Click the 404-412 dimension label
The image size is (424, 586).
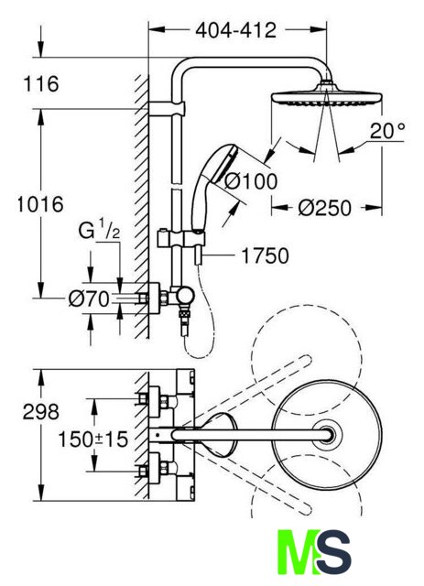point(236,30)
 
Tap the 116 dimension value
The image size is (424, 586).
point(41,83)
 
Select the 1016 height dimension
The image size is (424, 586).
point(40,204)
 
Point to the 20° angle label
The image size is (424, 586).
point(387,131)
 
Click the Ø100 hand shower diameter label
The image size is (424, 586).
point(251,181)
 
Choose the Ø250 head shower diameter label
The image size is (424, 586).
point(324,208)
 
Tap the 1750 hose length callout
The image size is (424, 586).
point(265,256)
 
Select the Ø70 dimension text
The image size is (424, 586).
point(89,299)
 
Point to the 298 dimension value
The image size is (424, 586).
point(41,412)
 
